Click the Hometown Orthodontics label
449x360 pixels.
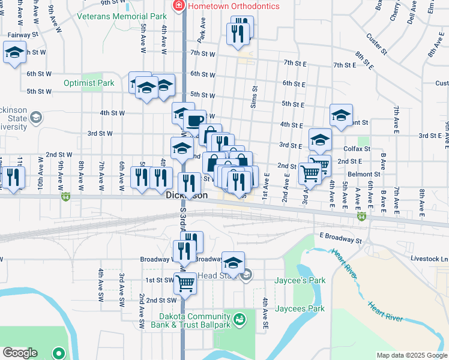coord(234,6)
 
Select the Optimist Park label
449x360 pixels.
coord(90,83)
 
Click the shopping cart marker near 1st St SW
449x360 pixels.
coord(185,281)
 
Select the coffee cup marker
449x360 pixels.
coord(194,121)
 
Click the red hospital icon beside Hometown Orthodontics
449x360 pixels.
coord(178,6)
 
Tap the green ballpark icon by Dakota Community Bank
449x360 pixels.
coord(240,319)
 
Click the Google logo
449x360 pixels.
coord(20,353)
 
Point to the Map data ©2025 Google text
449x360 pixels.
coord(411,355)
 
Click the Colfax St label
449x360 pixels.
coord(357,148)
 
